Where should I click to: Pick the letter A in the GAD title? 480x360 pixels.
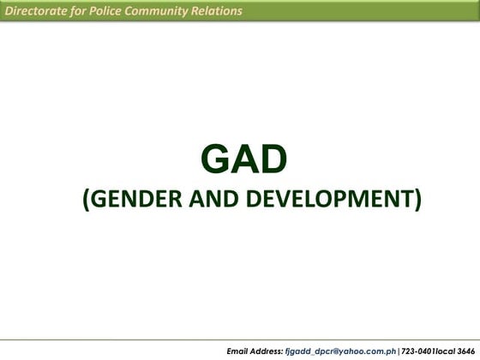coord(244,159)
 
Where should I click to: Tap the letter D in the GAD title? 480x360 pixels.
coord(272,159)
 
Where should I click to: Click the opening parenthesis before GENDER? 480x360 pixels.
coord(86,200)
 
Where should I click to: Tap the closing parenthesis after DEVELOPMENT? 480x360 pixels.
coord(417,200)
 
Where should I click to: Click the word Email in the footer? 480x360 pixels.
coord(240,351)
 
